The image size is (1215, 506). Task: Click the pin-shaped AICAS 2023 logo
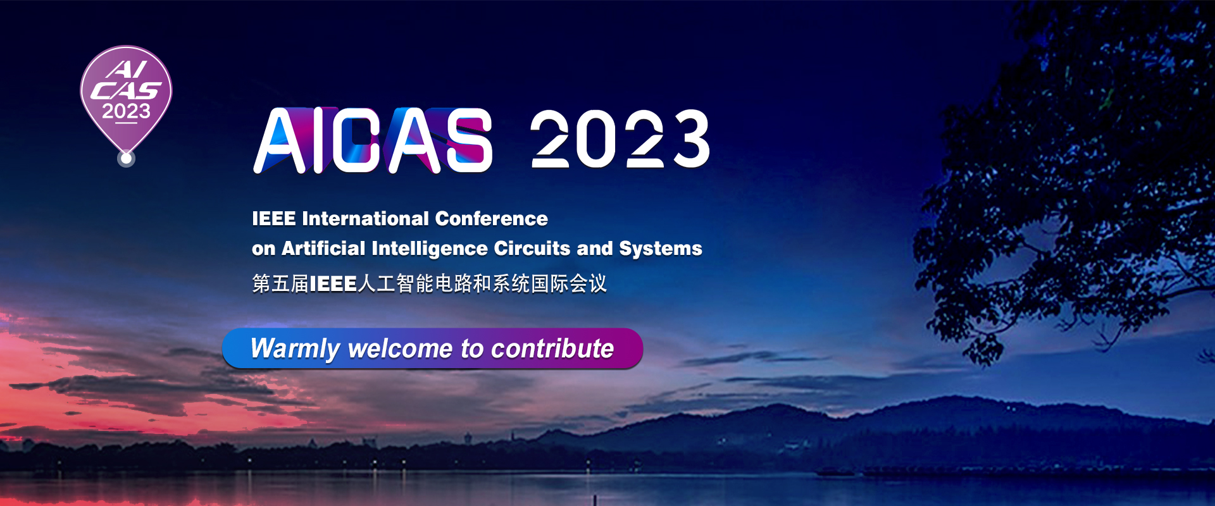pyautogui.click(x=126, y=101)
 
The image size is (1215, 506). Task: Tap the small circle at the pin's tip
pyautogui.click(x=126, y=158)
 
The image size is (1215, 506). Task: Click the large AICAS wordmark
pyautogui.click(x=373, y=140)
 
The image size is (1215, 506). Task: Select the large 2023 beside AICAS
pyautogui.click(x=620, y=139)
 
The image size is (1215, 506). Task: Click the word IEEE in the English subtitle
pyautogui.click(x=274, y=219)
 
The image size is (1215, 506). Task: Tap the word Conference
pyautogui.click(x=492, y=219)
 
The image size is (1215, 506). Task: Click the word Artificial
pyautogui.click(x=323, y=248)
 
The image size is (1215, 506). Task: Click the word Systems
pyautogui.click(x=661, y=249)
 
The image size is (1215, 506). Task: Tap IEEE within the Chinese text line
pyautogui.click(x=333, y=284)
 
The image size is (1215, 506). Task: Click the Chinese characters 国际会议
pyautogui.click(x=569, y=283)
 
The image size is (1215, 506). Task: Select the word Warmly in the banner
pyautogui.click(x=296, y=349)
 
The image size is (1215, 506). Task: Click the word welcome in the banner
pyautogui.click(x=400, y=349)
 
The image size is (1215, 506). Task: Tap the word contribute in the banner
pyautogui.click(x=552, y=349)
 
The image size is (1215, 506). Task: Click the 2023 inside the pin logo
pyautogui.click(x=127, y=111)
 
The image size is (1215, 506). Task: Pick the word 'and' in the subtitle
pyautogui.click(x=595, y=248)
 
